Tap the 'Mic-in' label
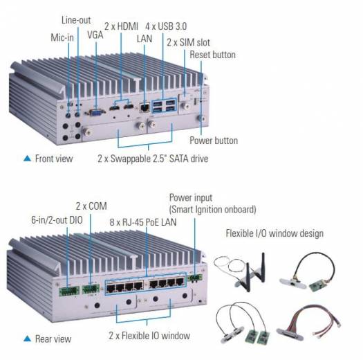[62, 37]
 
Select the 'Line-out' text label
[76, 20]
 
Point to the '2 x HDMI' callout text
[121, 26]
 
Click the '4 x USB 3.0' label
[166, 26]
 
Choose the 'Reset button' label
[213, 55]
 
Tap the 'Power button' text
[214, 141]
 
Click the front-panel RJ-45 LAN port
[145, 108]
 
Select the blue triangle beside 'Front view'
[28, 159]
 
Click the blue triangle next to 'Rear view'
[28, 339]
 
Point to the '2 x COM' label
[91, 206]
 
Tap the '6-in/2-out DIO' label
[57, 220]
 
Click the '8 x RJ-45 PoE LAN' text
[143, 222]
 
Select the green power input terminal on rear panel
[195, 278]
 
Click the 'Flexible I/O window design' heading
[274, 233]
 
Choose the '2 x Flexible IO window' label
[149, 336]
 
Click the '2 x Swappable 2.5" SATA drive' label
[153, 159]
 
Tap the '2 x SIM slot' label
[189, 42]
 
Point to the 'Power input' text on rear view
[191, 198]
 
